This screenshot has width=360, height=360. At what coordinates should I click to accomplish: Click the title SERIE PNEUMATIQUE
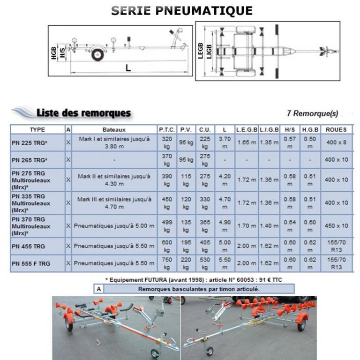[182, 10]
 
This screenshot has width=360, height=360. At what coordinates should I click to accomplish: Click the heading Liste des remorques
[83, 113]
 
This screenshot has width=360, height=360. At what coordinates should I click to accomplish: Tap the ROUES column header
[336, 129]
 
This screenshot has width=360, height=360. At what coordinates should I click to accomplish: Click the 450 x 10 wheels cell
[336, 226]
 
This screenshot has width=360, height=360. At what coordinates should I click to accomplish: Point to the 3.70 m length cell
[225, 142]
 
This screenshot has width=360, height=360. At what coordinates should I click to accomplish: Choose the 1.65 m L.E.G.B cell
[246, 142]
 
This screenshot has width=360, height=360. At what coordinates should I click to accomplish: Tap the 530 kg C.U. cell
[204, 263]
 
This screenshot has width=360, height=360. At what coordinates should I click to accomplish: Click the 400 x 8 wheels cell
[336, 142]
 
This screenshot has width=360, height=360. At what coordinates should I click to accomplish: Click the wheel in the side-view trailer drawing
[97, 55]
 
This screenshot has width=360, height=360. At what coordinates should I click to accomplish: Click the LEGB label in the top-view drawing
[201, 50]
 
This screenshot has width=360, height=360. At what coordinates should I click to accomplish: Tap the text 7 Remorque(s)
[312, 113]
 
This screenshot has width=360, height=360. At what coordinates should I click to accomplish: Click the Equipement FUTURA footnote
[193, 280]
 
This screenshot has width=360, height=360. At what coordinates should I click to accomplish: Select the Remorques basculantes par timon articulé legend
[198, 289]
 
